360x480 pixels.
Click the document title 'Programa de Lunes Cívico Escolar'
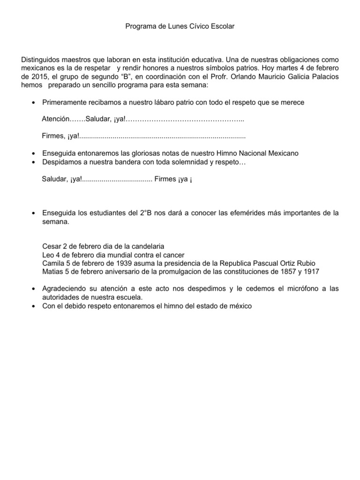click(180, 27)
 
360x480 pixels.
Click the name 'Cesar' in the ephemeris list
click(51, 247)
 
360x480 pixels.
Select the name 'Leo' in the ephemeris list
click(48, 255)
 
